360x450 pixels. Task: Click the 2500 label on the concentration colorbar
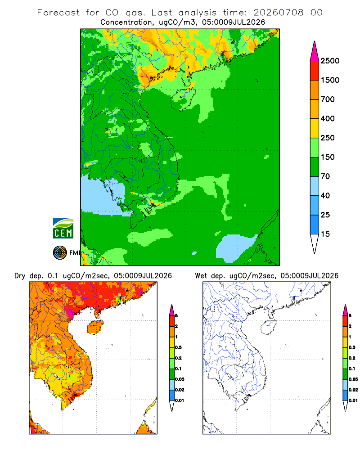[330, 61]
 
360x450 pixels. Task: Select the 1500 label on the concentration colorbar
[330, 80]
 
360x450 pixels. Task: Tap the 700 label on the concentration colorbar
[328, 99]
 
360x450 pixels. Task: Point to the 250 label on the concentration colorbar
[328, 138]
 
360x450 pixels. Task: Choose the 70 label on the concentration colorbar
[325, 176]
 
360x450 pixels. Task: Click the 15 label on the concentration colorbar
[325, 234]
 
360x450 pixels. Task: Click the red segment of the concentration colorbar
[315, 71]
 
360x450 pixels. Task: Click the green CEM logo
[63, 229]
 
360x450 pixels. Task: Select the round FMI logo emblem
[60, 253]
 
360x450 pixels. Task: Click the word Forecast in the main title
[58, 13]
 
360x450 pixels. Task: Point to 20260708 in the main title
[278, 13]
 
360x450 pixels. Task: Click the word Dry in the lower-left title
[20, 276]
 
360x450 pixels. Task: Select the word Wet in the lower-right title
[201, 276]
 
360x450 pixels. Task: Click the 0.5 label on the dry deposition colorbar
[178, 347]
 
